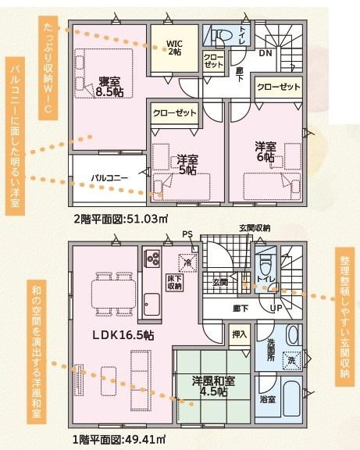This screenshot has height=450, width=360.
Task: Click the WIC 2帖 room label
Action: click(x=174, y=48)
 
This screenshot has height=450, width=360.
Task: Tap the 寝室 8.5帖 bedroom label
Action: click(x=109, y=87)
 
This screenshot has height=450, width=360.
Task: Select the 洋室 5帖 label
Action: click(x=187, y=165)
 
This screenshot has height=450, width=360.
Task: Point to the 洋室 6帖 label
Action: click(x=266, y=152)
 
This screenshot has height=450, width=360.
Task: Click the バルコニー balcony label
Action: click(x=109, y=178)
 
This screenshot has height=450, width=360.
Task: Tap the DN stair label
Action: click(x=266, y=53)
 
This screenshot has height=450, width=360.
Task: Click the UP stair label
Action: click(x=276, y=309)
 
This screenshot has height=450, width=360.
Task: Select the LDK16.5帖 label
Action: click(x=123, y=335)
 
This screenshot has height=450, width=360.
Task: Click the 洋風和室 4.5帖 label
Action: click(x=213, y=386)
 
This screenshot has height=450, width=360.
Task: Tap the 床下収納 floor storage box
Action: click(x=174, y=282)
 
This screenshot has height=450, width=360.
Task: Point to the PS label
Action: click(x=187, y=234)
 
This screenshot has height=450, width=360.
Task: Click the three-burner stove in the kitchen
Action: click(x=152, y=259)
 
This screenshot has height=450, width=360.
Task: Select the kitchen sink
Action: click(x=151, y=304)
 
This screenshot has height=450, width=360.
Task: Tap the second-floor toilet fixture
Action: click(x=223, y=36)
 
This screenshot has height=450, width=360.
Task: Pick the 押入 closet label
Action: click(x=239, y=334)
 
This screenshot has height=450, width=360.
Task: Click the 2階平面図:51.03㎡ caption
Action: click(x=121, y=220)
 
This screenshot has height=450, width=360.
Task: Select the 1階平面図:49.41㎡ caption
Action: click(x=119, y=439)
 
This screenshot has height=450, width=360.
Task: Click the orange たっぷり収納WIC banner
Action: click(x=48, y=68)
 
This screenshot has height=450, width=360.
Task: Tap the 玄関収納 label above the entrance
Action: click(x=255, y=228)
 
